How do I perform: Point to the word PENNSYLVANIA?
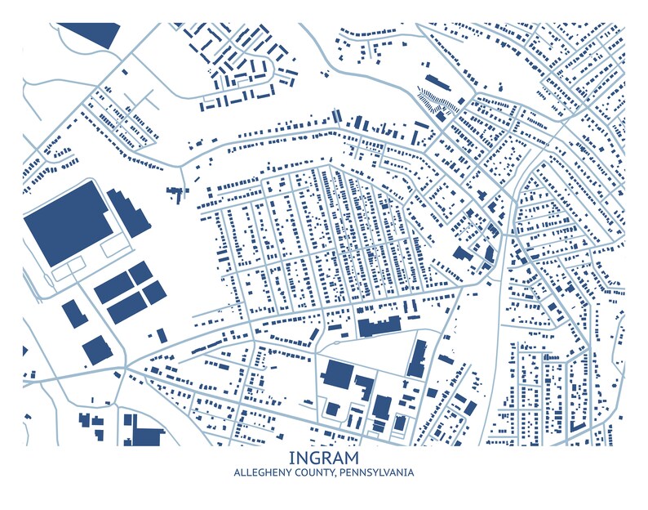[x=377, y=473]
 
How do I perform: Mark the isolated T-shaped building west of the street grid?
[x=175, y=194]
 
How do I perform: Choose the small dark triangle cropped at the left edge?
[x=24, y=351]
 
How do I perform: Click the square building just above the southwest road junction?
[x=97, y=349]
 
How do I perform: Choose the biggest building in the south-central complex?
[x=336, y=374]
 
